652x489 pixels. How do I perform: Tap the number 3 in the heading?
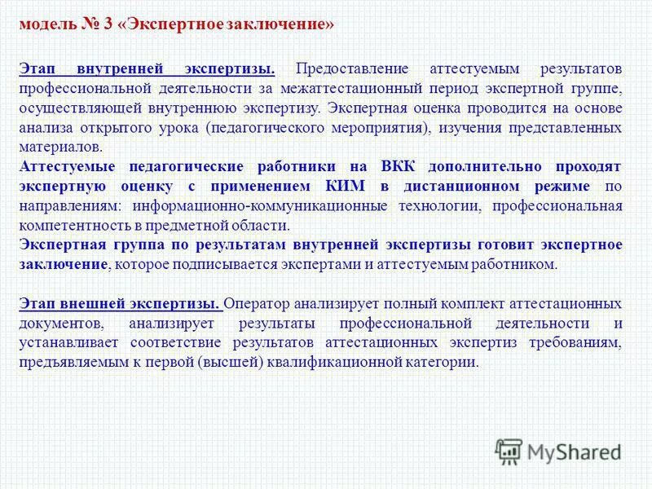tap(108, 23)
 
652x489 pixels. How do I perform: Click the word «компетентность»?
tap(71, 226)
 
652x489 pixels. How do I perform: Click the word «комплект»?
tap(455, 304)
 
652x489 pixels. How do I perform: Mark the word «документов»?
tap(55, 324)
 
